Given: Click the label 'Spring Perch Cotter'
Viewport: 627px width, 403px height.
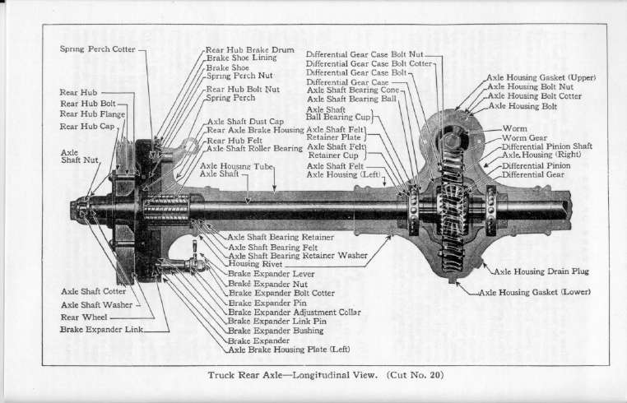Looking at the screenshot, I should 98,49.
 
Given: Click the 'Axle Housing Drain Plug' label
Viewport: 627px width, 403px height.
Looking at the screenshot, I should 541,271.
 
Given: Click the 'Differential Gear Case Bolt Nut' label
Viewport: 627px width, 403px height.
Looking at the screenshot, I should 365,53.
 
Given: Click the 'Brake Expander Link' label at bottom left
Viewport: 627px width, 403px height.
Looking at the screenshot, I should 101,330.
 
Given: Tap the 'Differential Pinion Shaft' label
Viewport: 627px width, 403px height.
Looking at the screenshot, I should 547,146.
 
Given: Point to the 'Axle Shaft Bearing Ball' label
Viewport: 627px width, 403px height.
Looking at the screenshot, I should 351,99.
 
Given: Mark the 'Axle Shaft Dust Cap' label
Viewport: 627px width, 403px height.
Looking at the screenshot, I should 244,121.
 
